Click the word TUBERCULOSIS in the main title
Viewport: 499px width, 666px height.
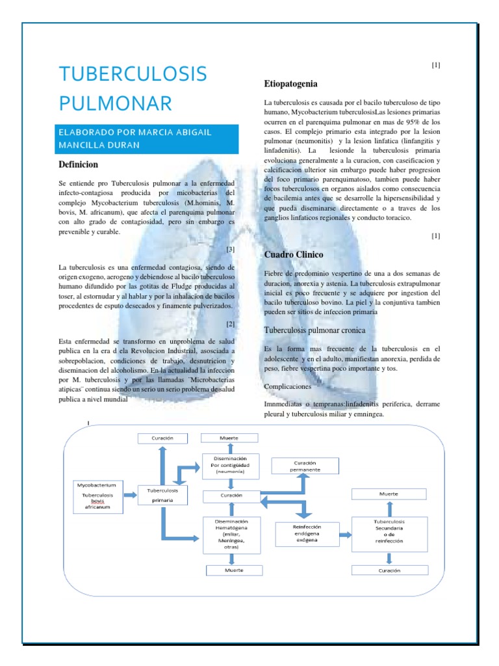133,74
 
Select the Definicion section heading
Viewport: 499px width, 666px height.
78,165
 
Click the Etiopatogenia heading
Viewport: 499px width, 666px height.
290,84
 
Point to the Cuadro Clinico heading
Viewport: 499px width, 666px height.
294,254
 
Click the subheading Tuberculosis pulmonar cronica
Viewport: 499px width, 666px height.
315,330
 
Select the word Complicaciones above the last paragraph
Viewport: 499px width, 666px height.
292,386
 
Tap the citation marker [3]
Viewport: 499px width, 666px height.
230,249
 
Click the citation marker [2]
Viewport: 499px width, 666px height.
230,324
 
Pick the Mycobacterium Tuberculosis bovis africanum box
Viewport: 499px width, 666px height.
97,496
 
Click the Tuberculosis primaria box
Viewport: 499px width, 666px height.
163,496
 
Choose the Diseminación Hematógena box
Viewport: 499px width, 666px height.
231,535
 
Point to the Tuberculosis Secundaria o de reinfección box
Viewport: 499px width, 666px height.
389,532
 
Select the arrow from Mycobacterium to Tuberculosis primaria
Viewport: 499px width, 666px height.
130,496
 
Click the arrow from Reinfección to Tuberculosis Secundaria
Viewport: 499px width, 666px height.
345,534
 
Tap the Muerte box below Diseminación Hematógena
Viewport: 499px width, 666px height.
234,570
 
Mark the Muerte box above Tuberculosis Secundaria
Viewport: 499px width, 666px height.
389,494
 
